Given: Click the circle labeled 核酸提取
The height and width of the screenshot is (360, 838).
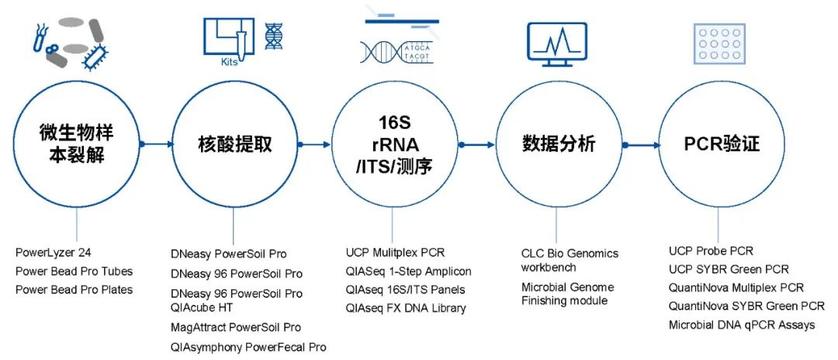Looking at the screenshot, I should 234,144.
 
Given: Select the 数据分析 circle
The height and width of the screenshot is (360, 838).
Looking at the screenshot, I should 559,144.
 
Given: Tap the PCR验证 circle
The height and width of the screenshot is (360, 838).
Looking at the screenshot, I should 721,144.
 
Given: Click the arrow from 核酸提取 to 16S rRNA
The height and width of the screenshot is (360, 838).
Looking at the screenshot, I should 313,144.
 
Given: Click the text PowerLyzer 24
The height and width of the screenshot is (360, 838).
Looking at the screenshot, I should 54,253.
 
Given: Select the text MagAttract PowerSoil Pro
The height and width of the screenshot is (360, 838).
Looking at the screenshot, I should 236,327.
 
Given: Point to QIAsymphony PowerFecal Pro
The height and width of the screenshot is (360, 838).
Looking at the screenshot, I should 248,347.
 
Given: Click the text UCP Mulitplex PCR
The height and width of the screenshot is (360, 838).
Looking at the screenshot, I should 396,252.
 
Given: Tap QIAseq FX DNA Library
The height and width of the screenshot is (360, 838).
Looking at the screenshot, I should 406,308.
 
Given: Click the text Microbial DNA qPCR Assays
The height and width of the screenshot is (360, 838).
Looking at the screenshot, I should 742,325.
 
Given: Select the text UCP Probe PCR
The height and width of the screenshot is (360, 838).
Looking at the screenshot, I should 711,251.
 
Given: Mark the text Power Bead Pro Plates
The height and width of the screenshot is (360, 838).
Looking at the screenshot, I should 74,289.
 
